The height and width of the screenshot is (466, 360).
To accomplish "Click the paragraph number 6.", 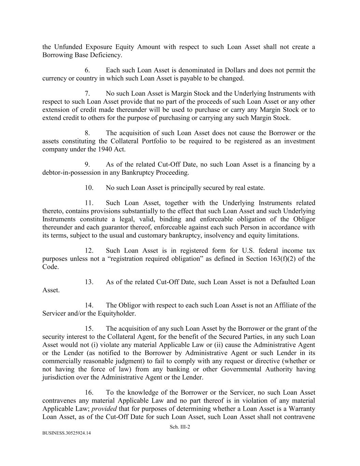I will tap(87, 70).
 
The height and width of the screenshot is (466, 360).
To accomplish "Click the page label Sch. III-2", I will tap(180, 427).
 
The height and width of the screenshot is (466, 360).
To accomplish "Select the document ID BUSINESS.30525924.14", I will tap(67, 433).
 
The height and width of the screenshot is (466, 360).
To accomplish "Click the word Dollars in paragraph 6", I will tap(234, 70).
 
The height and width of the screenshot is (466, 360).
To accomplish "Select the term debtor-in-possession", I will tap(71, 173).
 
